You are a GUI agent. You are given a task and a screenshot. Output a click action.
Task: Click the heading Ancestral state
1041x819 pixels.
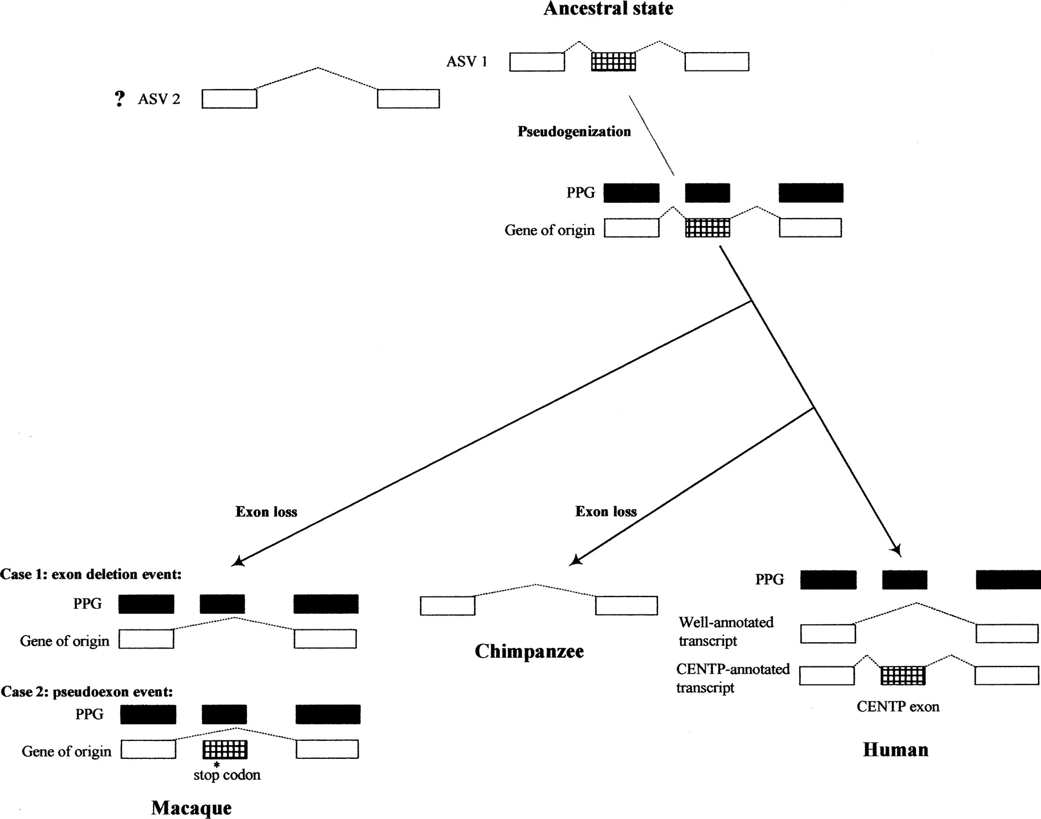[x=608, y=9]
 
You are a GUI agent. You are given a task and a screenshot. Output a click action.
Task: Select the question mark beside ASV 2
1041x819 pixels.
[x=119, y=99]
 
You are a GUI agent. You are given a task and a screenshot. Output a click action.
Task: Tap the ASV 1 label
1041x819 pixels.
[x=467, y=62]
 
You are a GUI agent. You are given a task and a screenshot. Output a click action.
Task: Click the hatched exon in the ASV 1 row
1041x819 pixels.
[x=613, y=61]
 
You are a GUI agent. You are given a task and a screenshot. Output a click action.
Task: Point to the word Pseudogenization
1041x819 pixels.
[x=574, y=132]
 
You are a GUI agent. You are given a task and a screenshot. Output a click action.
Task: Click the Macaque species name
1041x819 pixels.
[x=191, y=807]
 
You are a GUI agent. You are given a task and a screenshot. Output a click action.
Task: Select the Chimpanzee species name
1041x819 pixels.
[x=529, y=651]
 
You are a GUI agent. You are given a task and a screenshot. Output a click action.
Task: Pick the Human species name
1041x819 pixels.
[x=895, y=750]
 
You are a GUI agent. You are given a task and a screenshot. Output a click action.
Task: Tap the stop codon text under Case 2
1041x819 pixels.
[x=227, y=775]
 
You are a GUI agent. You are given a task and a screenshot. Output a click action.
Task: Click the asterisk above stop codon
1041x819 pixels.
[x=217, y=764]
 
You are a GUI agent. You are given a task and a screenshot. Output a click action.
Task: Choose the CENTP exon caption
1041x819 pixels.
[x=898, y=707]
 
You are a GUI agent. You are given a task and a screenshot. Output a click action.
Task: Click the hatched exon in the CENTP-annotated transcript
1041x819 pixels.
[x=903, y=675]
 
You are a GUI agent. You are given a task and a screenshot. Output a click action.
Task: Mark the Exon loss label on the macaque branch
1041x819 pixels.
[x=266, y=512]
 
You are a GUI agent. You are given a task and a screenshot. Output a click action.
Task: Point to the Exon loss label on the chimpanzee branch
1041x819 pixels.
[x=606, y=512]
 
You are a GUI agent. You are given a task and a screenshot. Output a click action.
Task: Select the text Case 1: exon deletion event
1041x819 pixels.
[x=91, y=575]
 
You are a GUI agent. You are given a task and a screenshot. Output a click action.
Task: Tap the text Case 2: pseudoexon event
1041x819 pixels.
[x=87, y=692]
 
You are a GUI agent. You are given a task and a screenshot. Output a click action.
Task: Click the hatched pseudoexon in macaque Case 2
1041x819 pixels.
[x=225, y=750]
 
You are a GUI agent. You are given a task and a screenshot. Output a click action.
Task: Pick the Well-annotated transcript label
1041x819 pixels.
[x=726, y=632]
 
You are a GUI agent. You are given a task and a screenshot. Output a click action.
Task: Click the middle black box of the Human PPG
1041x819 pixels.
[x=905, y=580]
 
